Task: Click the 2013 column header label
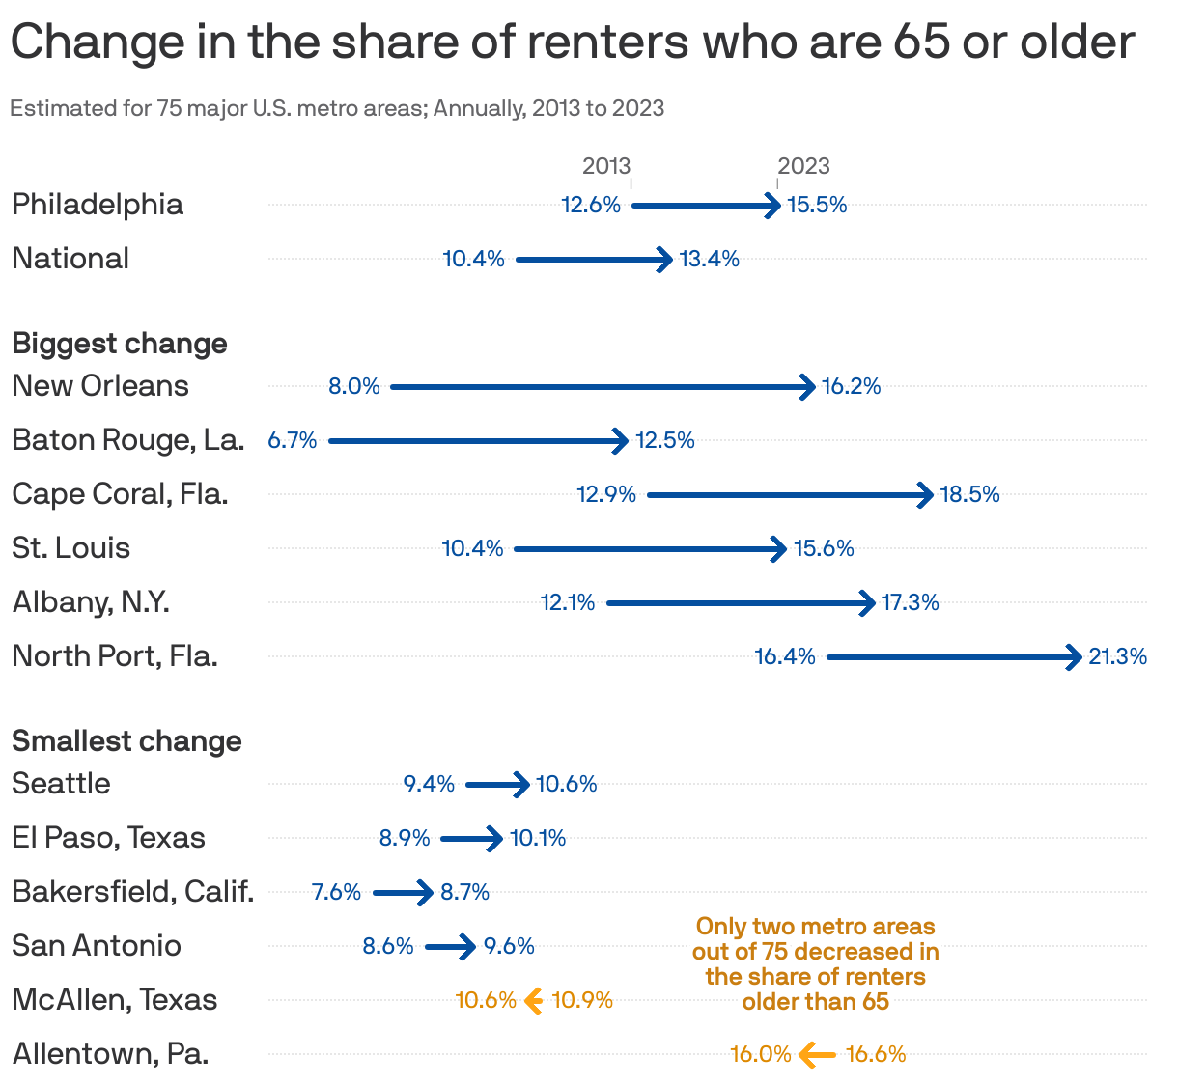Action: [605, 166]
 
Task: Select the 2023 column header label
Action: [803, 166]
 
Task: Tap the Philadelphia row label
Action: [98, 205]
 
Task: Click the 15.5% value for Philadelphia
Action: [817, 205]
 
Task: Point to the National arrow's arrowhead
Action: [665, 260]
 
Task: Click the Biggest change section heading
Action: [120, 344]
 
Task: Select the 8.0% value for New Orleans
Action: [354, 387]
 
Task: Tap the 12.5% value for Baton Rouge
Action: [665, 441]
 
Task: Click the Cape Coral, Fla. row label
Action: [121, 494]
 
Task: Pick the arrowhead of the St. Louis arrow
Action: [779, 549]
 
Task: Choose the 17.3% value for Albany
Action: [911, 603]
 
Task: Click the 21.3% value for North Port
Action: [1118, 657]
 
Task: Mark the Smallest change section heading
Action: [126, 741]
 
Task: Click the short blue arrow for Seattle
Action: [497, 785]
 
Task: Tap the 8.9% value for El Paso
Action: [405, 838]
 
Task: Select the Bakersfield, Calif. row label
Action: [133, 892]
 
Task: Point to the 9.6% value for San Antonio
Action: [510, 946]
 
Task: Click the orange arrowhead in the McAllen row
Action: [532, 1001]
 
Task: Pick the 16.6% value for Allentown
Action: [876, 1054]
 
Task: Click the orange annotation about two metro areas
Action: [816, 963]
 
